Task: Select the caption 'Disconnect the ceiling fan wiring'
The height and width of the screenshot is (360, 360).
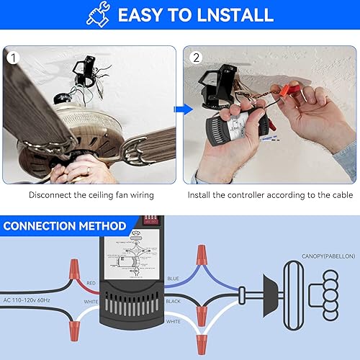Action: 91,194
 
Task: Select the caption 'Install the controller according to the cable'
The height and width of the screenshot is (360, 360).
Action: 269,194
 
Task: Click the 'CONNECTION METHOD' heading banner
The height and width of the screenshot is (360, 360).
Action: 65,226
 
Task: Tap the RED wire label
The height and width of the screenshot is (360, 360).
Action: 91,284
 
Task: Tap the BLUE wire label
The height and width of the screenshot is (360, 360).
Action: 174,277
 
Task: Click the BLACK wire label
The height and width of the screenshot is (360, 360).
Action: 174,300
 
